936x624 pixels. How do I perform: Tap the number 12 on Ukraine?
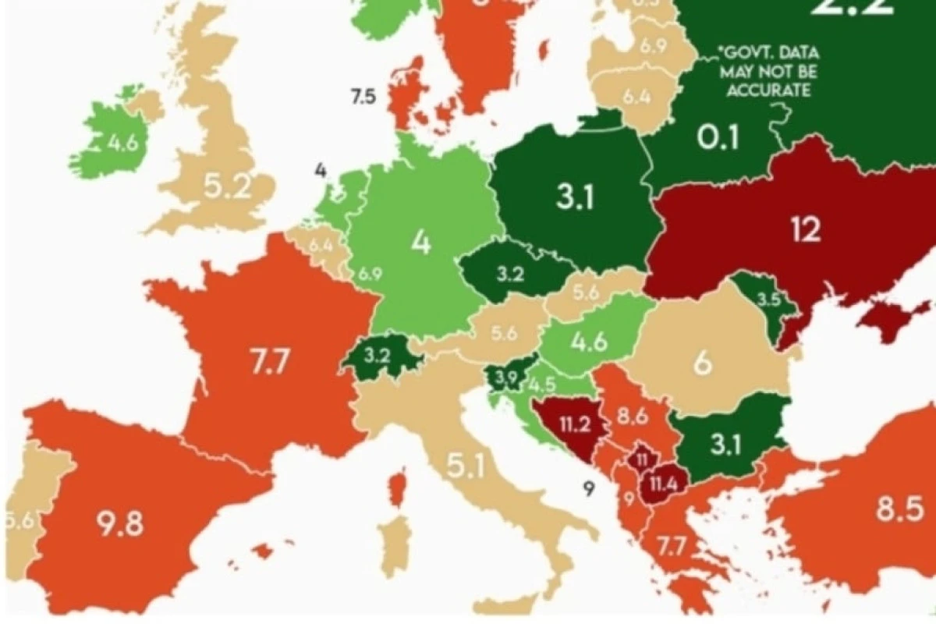pyautogui.click(x=805, y=229)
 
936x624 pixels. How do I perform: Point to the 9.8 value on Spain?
pyautogui.click(x=120, y=523)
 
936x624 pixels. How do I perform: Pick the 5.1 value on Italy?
pyautogui.click(x=466, y=466)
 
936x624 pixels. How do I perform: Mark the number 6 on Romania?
pyautogui.click(x=703, y=364)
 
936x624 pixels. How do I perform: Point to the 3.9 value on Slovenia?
pyautogui.click(x=505, y=378)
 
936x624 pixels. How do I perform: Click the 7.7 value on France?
pyautogui.click(x=269, y=363)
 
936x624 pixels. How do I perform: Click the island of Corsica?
pyautogui.click(x=398, y=488)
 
